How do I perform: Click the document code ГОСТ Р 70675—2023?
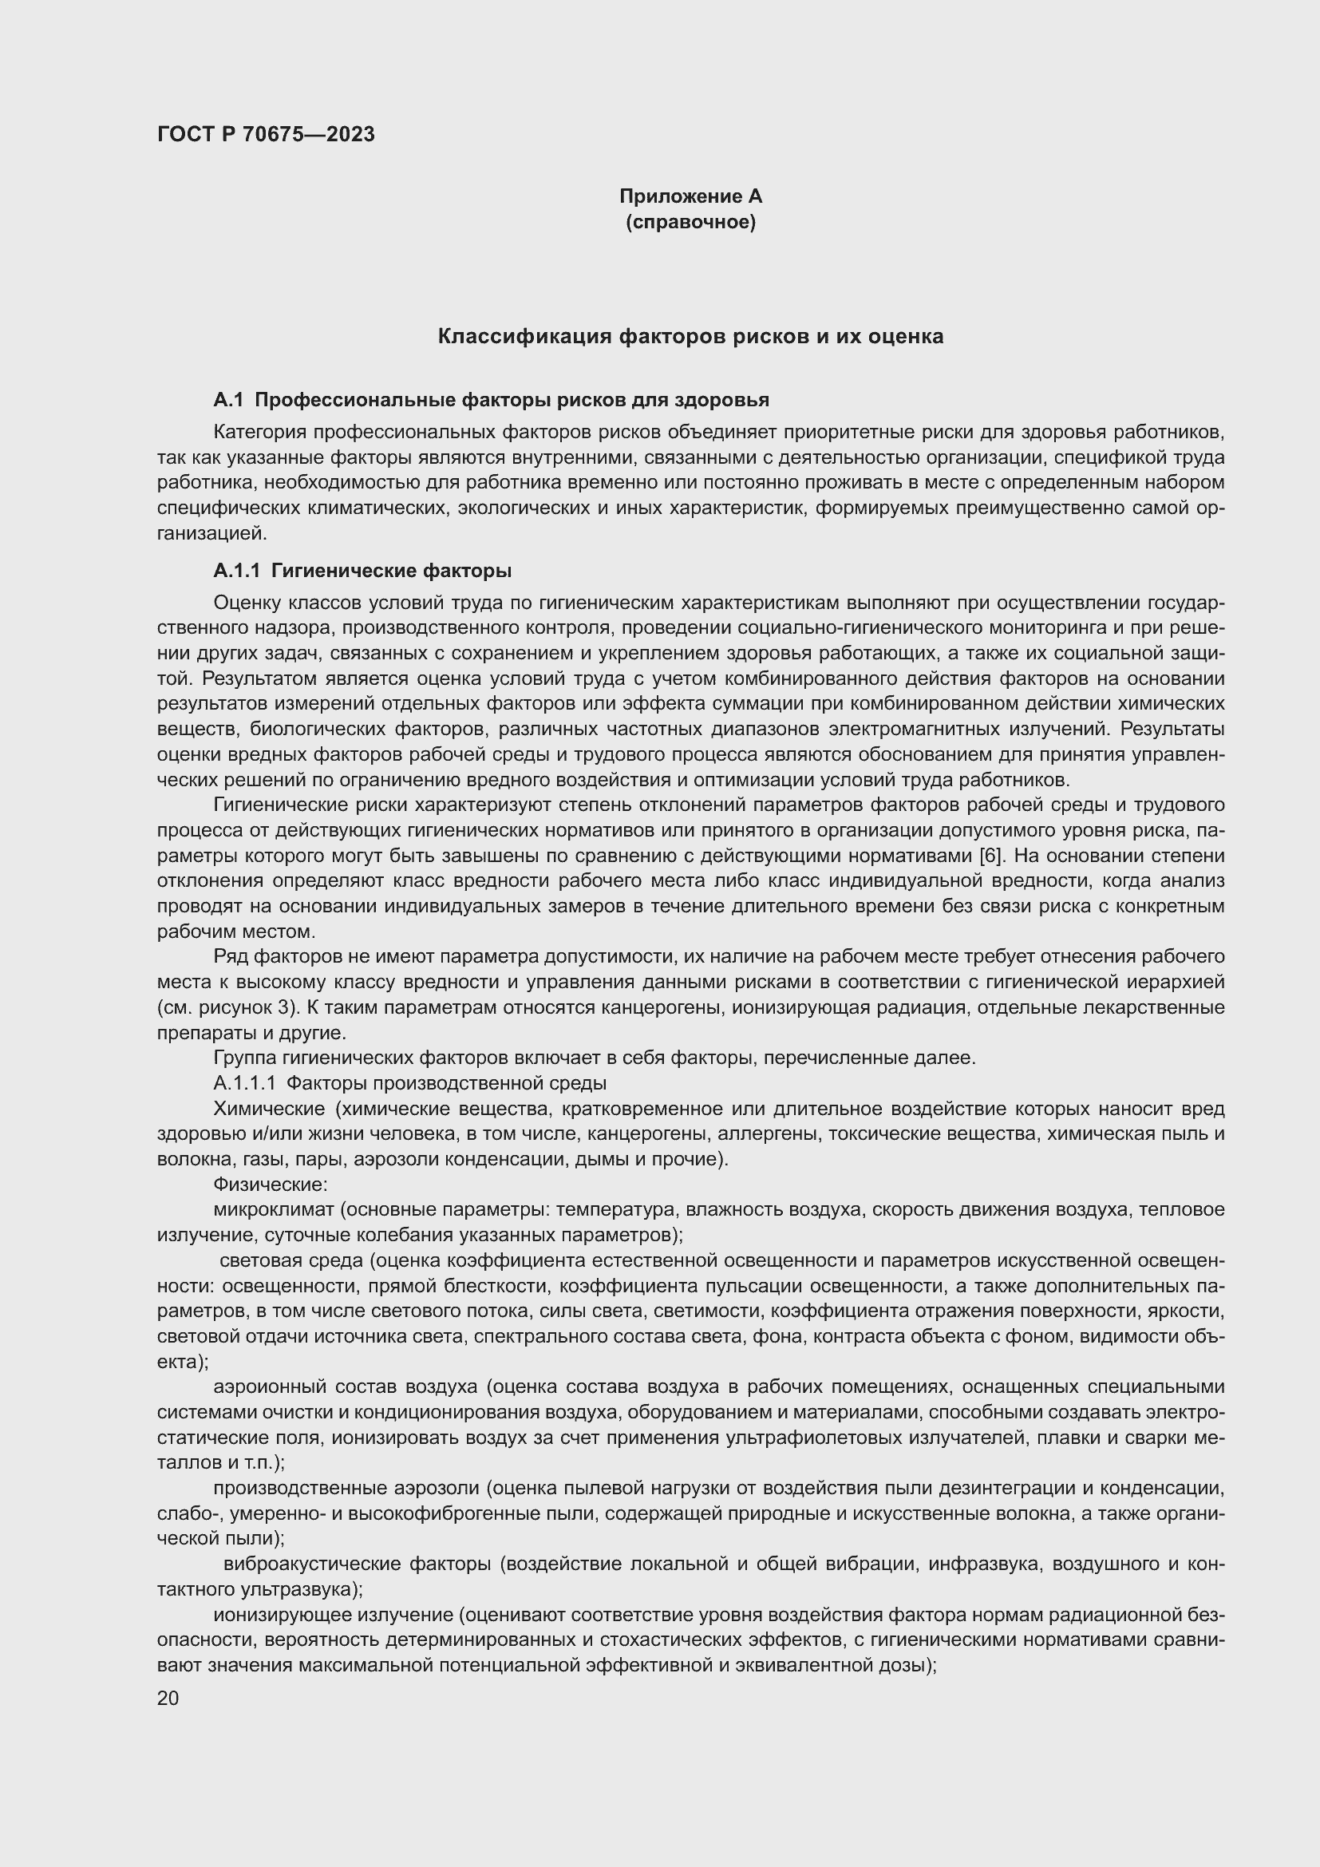pos(266,134)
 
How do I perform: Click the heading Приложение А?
pos(690,196)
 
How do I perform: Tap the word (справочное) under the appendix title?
pos(690,222)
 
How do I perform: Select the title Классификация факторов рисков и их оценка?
pos(690,336)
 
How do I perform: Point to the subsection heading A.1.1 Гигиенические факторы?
pos(362,570)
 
